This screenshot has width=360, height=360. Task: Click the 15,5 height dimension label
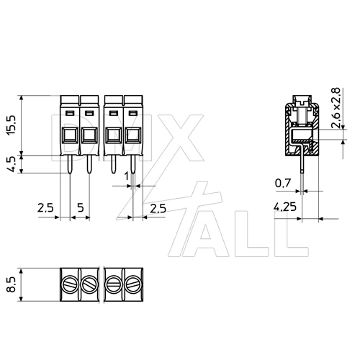click(11, 123)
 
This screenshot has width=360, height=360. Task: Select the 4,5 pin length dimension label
click(11, 162)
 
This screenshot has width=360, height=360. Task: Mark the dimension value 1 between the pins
click(127, 175)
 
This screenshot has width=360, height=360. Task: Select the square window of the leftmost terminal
click(69, 135)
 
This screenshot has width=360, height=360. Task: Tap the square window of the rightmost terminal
click(133, 135)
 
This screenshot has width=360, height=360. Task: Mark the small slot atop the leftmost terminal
click(70, 114)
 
